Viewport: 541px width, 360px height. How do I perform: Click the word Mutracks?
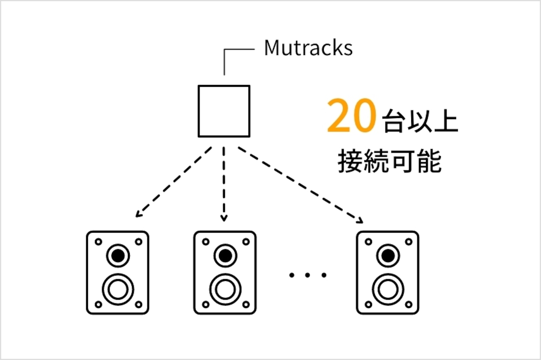(308, 48)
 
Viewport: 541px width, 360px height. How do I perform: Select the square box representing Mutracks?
(224, 111)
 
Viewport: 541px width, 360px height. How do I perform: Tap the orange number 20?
(351, 115)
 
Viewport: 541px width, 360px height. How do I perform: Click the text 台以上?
(421, 121)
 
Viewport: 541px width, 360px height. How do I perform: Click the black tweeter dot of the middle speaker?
(225, 256)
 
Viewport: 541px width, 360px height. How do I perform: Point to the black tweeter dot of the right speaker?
(388, 256)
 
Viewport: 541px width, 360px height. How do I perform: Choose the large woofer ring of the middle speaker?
(225, 289)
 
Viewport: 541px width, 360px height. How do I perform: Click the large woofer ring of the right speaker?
(388, 289)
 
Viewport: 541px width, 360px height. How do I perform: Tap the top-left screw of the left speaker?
(98, 242)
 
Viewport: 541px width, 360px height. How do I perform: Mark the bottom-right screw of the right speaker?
(408, 304)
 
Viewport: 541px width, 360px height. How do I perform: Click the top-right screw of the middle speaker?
(245, 242)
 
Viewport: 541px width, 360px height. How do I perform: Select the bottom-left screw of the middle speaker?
(206, 304)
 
